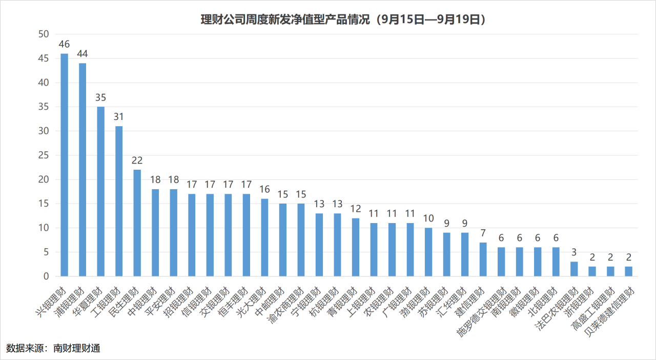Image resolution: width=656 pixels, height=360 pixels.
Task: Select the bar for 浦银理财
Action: (x=83, y=170)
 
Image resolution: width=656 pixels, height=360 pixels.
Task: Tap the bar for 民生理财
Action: (x=137, y=223)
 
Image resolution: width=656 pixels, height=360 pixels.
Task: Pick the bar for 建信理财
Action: (x=483, y=259)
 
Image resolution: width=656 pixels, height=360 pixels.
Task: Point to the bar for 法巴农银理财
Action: (x=574, y=269)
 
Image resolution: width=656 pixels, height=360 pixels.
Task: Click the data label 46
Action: (x=65, y=44)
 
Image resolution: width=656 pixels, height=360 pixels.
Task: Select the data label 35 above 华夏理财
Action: (x=101, y=97)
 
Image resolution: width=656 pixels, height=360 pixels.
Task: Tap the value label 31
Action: (x=119, y=117)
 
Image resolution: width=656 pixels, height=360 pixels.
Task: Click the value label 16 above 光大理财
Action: (x=264, y=189)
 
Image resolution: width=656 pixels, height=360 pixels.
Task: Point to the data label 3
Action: (x=574, y=252)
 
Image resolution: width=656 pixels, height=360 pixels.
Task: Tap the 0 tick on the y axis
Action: (x=46, y=276)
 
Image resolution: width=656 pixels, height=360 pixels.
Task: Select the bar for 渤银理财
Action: (x=428, y=252)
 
